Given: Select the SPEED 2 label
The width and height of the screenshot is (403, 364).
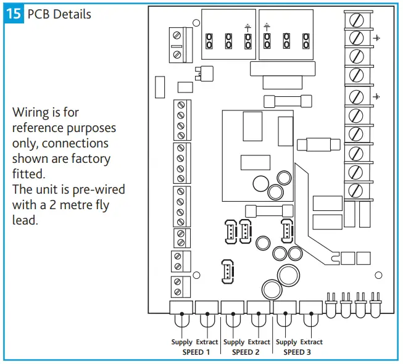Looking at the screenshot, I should [246, 352].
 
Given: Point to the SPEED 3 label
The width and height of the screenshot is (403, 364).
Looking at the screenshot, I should [298, 352].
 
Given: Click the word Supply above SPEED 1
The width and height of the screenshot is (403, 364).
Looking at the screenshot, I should [182, 342].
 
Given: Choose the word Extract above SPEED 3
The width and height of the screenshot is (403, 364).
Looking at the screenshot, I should [312, 342].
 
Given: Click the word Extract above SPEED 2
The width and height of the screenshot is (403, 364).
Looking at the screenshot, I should [259, 342].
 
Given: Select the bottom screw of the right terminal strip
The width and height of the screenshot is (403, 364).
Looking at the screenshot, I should [356, 191].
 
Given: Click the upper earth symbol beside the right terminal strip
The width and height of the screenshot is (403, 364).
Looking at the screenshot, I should [376, 38].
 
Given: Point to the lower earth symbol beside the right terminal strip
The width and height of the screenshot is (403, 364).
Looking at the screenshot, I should [376, 96].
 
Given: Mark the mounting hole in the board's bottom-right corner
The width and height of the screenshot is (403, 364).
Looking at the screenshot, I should [379, 275].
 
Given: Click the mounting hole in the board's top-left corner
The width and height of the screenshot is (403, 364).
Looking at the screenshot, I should [196, 23].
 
